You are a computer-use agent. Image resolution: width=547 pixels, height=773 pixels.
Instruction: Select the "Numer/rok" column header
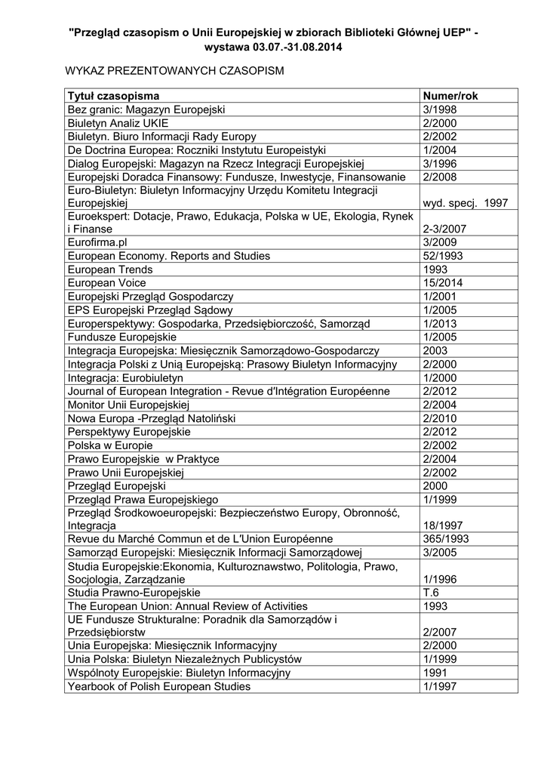click(450, 96)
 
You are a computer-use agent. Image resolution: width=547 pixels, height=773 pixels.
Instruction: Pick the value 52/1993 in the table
click(443, 256)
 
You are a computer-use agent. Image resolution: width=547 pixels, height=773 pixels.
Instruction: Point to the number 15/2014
click(443, 283)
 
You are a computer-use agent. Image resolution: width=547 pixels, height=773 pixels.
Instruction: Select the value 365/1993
click(447, 538)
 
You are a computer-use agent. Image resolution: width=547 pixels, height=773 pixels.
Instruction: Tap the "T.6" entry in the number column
click(432, 593)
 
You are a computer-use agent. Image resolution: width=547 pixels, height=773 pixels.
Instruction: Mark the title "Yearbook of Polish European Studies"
click(159, 687)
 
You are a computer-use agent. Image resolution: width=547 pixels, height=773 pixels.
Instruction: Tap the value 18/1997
click(443, 525)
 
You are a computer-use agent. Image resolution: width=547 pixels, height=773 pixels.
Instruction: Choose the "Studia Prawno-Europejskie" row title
click(134, 593)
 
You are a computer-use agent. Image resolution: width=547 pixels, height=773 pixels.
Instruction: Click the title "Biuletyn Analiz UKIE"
click(118, 123)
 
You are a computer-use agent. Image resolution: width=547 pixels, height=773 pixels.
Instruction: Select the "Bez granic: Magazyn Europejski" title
click(146, 109)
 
